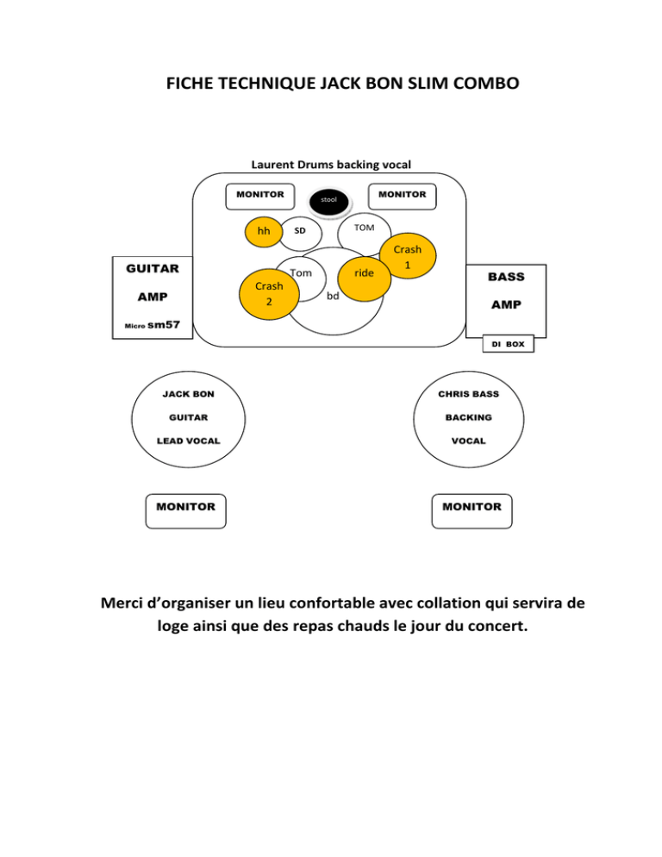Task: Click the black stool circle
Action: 328,199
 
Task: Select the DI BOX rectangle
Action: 508,344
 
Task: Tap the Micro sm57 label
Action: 151,325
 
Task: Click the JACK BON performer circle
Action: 188,418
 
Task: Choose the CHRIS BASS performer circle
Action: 470,418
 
